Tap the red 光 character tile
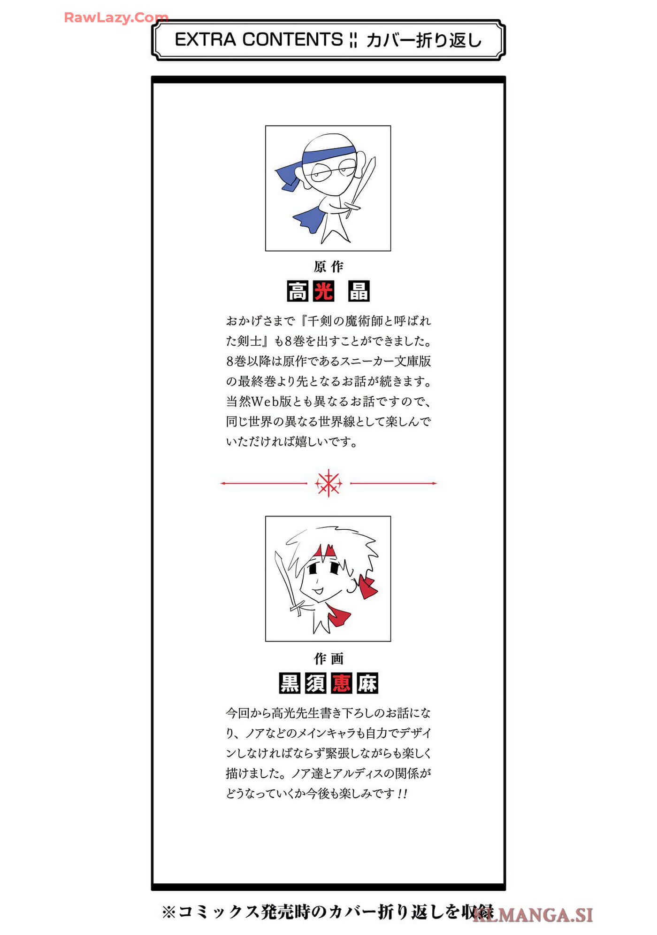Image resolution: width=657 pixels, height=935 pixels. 324,291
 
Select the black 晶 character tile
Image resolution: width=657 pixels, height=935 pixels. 359,291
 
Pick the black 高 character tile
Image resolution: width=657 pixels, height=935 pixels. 298,291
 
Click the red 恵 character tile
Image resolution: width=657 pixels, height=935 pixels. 341,683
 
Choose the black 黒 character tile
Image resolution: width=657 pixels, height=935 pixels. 290,683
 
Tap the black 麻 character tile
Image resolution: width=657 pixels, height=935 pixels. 367,683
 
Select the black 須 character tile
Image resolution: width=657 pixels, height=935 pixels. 315,683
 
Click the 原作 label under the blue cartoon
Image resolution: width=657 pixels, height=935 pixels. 328,267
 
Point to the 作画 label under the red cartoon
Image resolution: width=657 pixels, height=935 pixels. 328,658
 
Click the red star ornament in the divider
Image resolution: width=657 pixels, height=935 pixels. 328,483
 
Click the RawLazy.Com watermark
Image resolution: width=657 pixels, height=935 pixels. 116,17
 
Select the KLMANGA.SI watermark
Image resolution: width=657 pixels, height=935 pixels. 533,915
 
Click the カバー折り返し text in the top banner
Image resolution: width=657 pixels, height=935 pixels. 424,40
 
